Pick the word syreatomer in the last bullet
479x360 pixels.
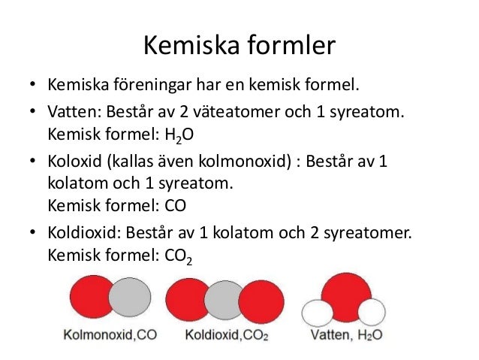369,232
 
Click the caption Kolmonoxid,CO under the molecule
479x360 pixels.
110,334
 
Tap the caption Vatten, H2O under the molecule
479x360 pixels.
345,334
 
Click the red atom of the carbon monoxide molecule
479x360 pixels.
89,298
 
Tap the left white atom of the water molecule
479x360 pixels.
316,312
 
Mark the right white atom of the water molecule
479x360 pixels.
371,311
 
